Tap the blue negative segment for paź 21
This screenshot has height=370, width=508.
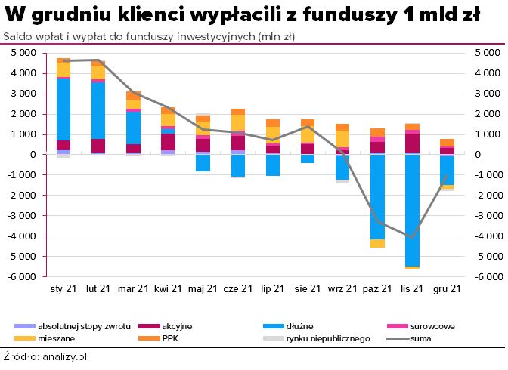click(376, 196)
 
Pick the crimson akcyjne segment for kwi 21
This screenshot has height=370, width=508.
click(168, 142)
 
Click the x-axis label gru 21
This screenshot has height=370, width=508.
click(446, 289)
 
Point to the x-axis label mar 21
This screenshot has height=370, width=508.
click(133, 289)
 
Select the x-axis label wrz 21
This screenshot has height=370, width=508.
click(342, 289)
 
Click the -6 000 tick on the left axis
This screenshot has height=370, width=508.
click(26, 276)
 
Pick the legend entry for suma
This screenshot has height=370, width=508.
click(421, 338)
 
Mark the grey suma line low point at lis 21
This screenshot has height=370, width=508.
click(411, 237)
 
